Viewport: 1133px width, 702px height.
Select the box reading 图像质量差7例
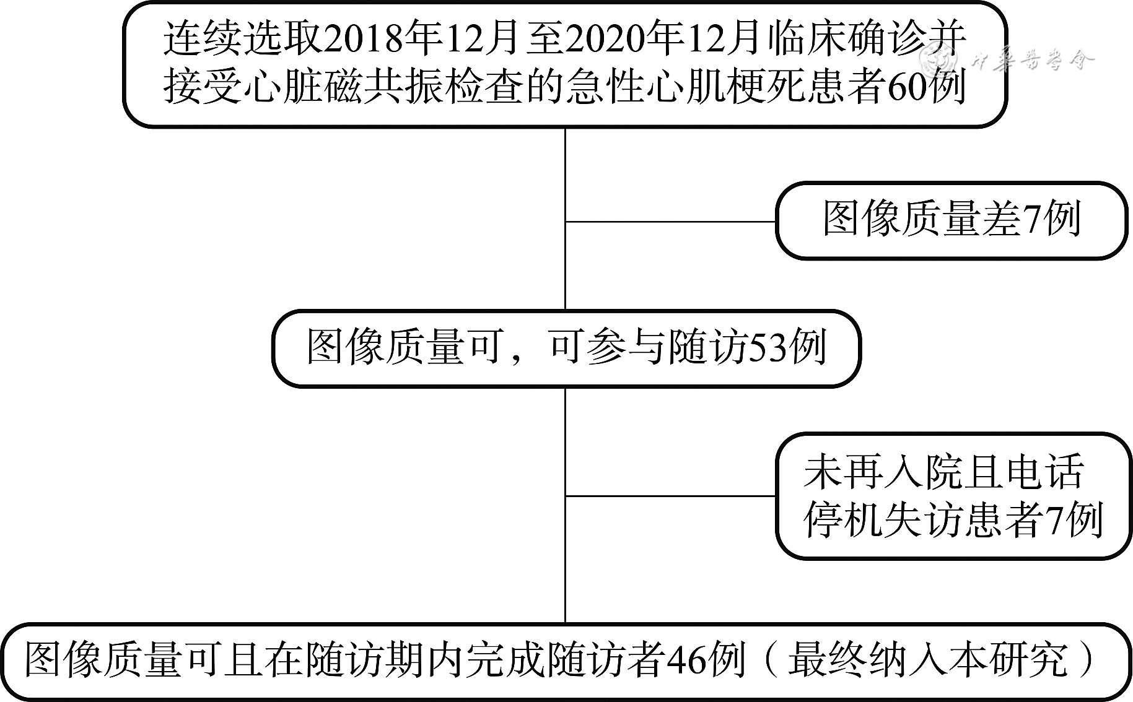tap(951, 220)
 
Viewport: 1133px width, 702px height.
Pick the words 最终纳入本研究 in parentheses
tap(929, 661)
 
